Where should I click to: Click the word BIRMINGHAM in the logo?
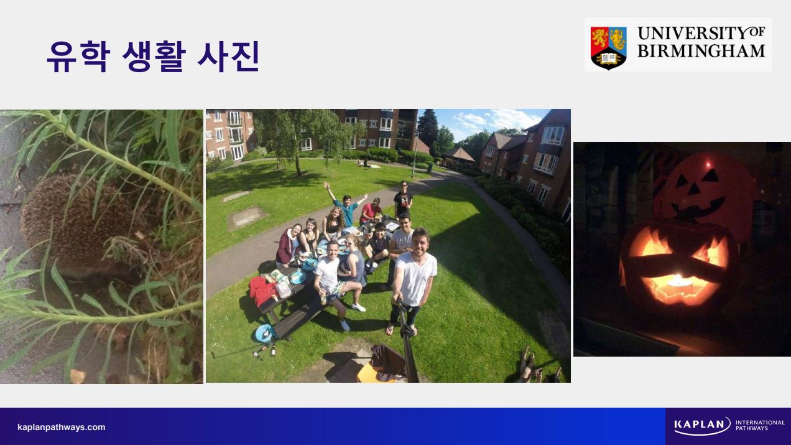click(x=701, y=51)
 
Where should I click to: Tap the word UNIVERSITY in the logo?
click(x=692, y=34)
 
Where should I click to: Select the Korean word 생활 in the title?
click(x=154, y=57)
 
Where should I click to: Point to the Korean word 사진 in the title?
click(x=228, y=57)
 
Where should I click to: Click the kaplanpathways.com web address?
click(x=62, y=428)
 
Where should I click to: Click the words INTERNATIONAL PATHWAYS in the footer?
click(x=760, y=425)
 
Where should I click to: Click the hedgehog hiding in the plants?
click(x=78, y=226)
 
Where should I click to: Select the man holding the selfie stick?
click(x=413, y=279)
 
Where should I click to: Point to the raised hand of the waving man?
click(x=326, y=185)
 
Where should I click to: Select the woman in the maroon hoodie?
click(x=288, y=245)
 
